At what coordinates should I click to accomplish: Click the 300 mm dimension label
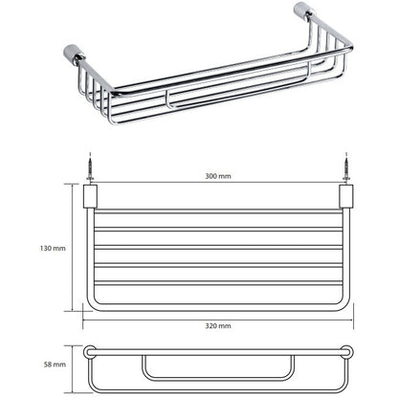pos(218,176)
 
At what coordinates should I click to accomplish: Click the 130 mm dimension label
pos(53,248)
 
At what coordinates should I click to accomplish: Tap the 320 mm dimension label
pos(218,326)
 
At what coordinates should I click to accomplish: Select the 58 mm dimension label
pos(55,365)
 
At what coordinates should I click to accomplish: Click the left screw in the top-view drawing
pos(90,166)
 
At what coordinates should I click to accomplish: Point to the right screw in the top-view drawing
pos(346,166)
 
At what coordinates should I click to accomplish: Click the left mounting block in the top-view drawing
pos(90,196)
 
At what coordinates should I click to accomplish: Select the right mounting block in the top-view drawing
pos(346,196)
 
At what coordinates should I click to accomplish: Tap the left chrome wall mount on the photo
pos(75,55)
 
